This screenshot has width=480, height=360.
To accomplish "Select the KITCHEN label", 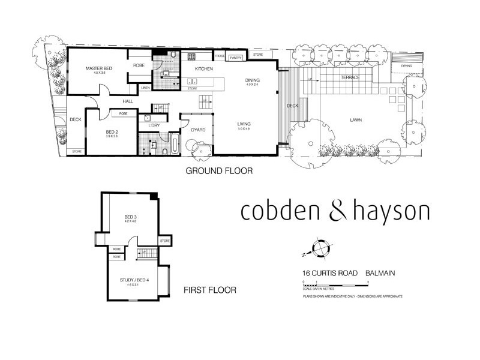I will point(203,70).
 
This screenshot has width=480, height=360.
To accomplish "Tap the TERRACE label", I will point(350,79).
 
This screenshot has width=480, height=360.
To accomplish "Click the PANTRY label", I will point(235,58).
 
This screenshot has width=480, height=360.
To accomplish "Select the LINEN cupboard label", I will point(145,88).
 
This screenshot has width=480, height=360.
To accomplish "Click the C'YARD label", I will point(199,130).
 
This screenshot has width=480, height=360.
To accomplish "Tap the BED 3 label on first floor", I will point(131,217).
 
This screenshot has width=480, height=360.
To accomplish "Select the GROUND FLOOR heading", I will point(219,171).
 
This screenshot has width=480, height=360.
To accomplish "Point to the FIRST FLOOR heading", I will point(210,290).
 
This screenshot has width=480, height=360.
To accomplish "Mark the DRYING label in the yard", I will point(406,65).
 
